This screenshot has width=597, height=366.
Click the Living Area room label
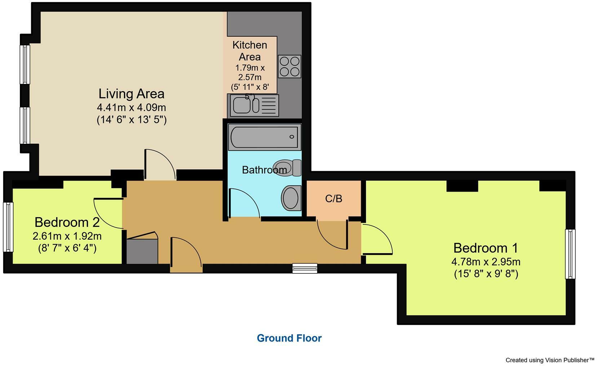131,94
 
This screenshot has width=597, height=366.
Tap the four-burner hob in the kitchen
289,67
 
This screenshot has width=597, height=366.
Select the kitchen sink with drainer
253,105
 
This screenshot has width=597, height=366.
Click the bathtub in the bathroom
265,137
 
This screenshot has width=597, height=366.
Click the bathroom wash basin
291,198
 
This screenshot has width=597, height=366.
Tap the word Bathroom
264,170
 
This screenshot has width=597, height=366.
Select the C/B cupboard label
333,198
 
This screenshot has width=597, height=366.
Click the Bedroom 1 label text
485,248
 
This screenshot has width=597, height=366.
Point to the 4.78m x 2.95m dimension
485,262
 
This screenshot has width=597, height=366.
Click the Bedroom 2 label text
67,222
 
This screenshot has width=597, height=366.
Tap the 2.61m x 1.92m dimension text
67,236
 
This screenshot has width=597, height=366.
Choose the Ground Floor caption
289,338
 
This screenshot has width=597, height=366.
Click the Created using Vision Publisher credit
549,360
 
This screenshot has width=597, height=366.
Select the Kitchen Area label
250,51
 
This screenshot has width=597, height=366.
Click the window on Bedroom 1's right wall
570,254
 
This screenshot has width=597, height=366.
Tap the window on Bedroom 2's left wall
8,227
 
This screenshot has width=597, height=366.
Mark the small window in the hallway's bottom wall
305,268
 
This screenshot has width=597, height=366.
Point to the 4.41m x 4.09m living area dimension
131,107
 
